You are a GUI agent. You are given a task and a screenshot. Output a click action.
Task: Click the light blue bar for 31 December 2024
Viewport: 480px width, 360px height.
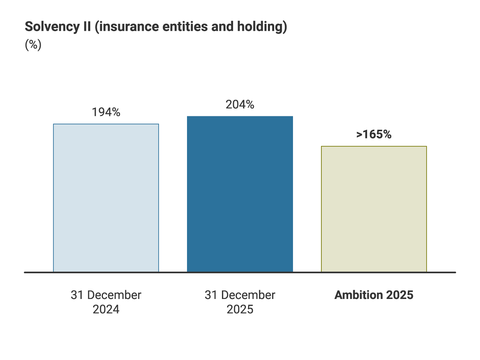[106, 198]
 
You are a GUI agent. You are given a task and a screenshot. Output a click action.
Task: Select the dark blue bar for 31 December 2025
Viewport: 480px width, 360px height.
[240, 194]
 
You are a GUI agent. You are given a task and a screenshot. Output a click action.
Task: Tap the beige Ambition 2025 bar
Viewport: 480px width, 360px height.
[374, 209]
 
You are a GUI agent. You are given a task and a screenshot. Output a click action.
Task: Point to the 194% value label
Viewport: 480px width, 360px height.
[106, 112]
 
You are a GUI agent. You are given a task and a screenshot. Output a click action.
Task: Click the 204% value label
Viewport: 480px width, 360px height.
[240, 104]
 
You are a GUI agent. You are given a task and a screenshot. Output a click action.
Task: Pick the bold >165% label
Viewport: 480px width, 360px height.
[374, 134]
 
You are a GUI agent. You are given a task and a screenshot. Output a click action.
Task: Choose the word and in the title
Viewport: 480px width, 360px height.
[218, 27]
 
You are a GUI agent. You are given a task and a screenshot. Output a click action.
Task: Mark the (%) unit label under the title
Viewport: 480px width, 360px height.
[33, 45]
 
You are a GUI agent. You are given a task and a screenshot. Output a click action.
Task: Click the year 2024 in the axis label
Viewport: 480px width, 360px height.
[106, 309]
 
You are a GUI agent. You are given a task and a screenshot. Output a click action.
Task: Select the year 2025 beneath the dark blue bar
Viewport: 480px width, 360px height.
[240, 309]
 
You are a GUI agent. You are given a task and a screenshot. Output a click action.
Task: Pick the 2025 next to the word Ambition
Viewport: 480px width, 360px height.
[399, 295]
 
